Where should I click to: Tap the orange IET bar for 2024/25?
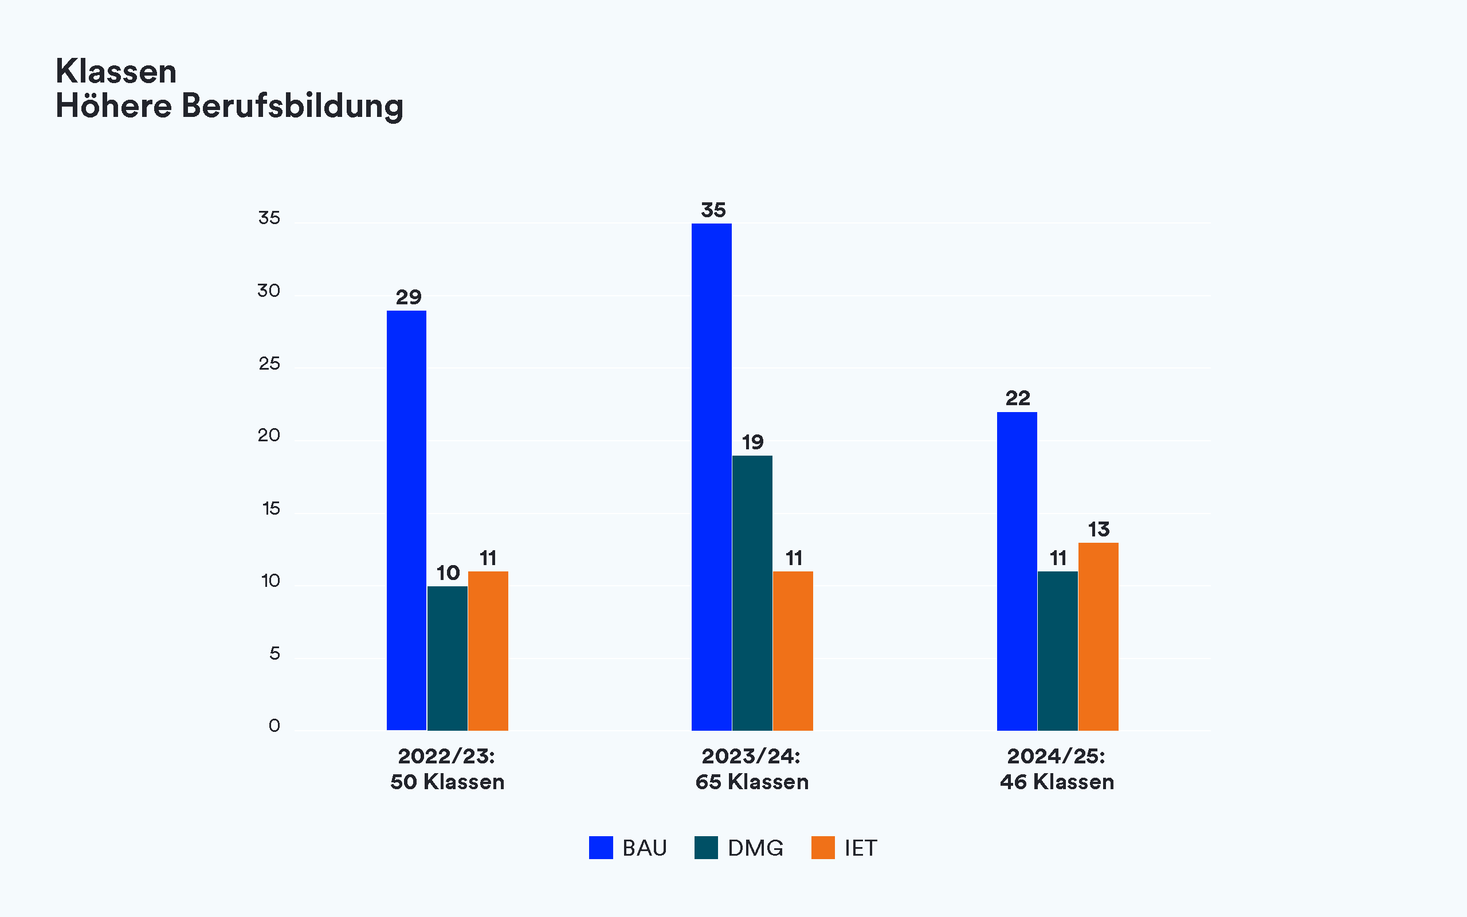[1098, 636]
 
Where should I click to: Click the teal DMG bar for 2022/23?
[448, 658]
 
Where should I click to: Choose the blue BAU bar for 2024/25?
[1017, 571]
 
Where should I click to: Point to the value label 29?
[409, 297]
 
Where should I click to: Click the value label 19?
[752, 442]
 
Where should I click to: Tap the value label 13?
[1099, 530]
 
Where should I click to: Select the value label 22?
[1017, 398]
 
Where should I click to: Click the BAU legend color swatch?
[601, 847]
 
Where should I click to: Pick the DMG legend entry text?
[755, 848]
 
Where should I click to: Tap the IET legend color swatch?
[823, 847]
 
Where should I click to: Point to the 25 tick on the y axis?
[269, 364]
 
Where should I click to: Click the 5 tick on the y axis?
[274, 654]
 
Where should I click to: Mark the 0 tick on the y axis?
[274, 726]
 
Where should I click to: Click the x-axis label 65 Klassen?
[752, 782]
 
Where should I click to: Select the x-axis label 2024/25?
[1056, 757]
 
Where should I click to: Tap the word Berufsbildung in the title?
[292, 106]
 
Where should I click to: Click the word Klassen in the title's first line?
[116, 72]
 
